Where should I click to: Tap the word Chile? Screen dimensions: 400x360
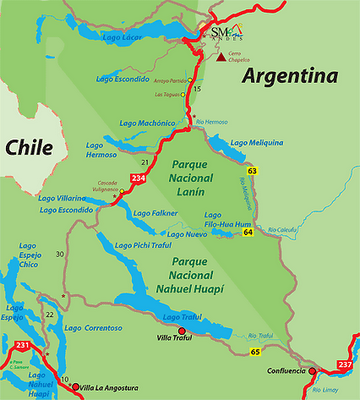(x=31, y=146)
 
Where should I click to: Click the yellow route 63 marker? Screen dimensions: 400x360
(x=253, y=172)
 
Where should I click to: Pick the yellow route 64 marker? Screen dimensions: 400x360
(x=246, y=234)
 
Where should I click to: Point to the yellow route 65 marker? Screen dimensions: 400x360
(x=255, y=352)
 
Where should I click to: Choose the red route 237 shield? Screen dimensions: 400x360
(x=345, y=364)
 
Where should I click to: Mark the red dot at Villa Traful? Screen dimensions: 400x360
(x=181, y=331)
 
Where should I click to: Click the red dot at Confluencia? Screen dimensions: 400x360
(x=312, y=370)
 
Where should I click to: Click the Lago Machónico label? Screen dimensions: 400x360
(x=147, y=122)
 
